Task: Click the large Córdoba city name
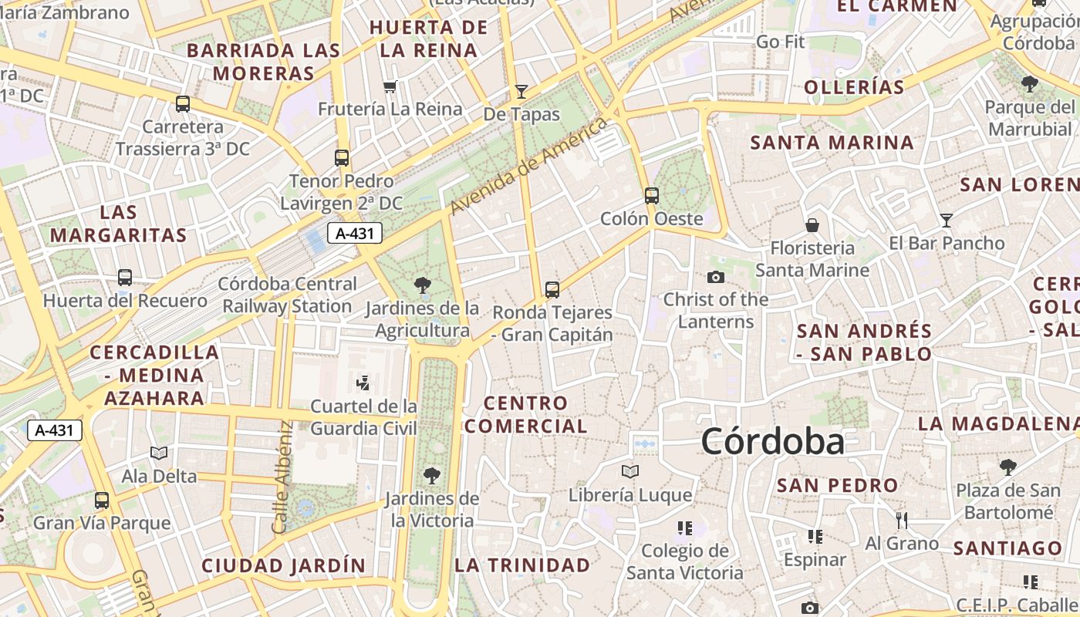coord(772,442)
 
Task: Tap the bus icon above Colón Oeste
coord(652,195)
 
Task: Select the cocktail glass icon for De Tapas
coord(521,92)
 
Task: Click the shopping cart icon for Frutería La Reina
coord(390,86)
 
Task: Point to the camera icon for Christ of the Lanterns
coord(716,277)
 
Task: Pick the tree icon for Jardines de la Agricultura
coord(422,285)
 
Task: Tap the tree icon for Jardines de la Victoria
coord(431,475)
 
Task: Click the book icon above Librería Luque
coord(630,470)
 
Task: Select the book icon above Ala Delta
coord(159,453)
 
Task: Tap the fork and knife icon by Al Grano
coord(901,521)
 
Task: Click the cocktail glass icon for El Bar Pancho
coord(947,220)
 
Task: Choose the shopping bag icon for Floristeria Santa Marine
coord(812,225)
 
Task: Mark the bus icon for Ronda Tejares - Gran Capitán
coord(552,289)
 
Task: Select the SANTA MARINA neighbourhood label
coord(832,143)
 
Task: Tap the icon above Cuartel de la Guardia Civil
coord(363,382)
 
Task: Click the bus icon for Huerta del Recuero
coord(125,277)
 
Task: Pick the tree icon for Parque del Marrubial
coord(1029,83)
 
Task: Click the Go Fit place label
coord(780,42)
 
